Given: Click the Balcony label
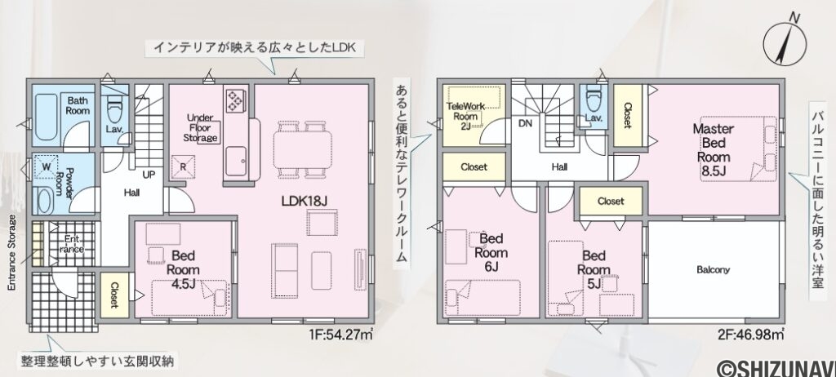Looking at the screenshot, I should point(713,269).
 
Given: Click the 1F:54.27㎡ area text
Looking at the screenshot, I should point(342,335).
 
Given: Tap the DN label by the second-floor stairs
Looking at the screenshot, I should point(526,125).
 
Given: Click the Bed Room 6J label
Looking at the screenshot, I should point(491,252).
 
